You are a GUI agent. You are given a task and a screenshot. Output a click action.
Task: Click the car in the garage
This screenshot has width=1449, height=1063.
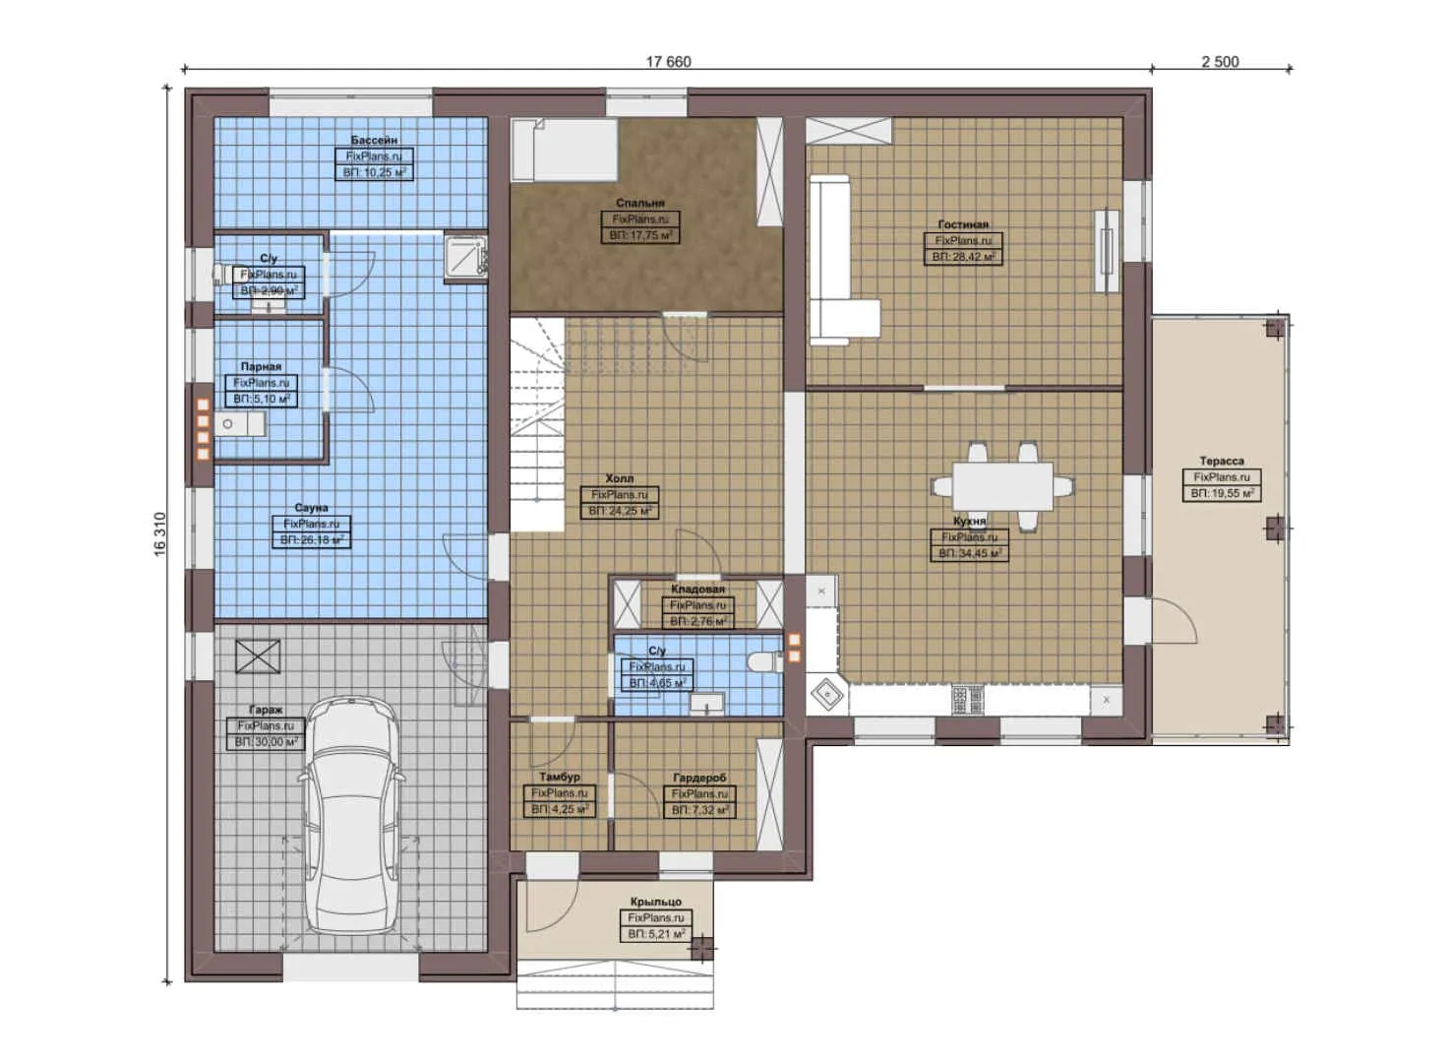[352, 817]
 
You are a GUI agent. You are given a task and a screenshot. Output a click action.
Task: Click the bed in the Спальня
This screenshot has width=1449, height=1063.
[563, 150]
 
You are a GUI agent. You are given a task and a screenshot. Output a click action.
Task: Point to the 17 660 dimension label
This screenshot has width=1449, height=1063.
[668, 61]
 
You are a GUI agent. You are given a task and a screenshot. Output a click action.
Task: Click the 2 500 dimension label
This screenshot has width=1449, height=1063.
[1220, 61]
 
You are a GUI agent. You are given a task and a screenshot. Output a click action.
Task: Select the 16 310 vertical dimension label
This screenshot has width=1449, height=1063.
[160, 534]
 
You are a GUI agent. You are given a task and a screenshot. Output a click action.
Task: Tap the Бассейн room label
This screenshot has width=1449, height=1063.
[374, 141]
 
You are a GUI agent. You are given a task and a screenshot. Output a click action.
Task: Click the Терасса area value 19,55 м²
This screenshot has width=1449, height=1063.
[1222, 493]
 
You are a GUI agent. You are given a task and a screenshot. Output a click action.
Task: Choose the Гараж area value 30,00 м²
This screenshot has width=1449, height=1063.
[266, 742]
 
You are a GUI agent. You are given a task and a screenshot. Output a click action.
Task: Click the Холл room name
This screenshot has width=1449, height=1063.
[619, 478]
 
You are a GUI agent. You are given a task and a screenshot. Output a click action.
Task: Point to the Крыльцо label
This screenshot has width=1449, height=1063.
[656, 902]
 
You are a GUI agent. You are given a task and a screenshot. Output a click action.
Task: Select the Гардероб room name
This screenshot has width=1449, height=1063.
[699, 778]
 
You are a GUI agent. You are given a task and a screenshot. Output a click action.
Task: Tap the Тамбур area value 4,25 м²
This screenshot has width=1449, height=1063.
[559, 809]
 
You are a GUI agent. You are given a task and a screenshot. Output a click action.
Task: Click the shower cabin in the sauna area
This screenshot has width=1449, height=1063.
[464, 256]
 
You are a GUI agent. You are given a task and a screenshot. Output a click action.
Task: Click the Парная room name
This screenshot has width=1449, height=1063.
[261, 366]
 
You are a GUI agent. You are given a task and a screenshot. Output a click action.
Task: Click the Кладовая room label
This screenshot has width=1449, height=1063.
[697, 589]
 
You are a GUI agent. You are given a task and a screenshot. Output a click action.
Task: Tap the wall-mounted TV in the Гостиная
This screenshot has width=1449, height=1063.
[1108, 250]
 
